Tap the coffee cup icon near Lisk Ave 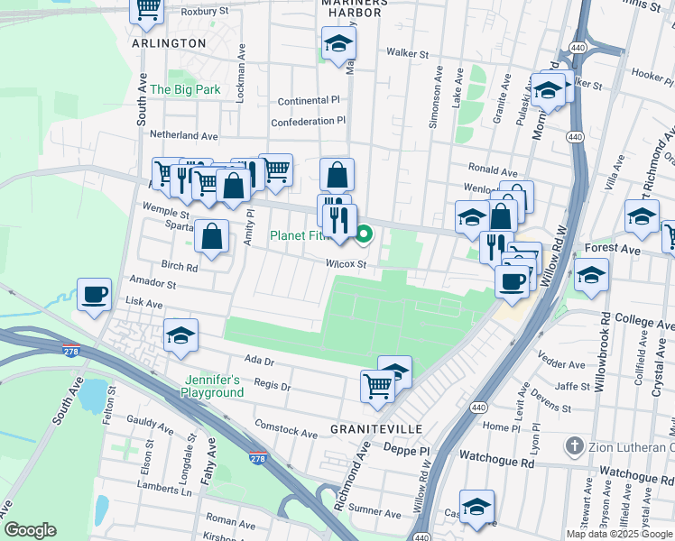tap(95, 294)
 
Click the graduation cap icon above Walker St tap(338, 43)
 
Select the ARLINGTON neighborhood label tap(169, 43)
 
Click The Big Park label tap(185, 90)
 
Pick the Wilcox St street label tap(347, 265)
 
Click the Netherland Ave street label tap(184, 135)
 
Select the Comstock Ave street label tap(286, 428)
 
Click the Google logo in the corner tap(30, 531)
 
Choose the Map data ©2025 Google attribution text tap(618, 534)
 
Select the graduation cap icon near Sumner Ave tap(477, 507)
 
